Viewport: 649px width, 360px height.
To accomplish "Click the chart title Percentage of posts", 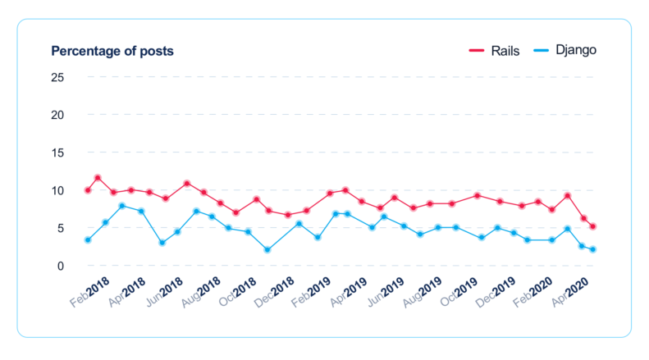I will point(112,51).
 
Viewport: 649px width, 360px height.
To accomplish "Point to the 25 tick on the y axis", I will point(58,77).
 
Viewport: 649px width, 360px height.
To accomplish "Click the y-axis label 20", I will point(58,115).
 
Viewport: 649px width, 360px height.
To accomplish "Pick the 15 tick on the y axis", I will point(58,153).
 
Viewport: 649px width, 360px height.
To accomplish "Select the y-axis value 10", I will point(58,190).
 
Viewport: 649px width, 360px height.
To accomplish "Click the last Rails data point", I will point(592,226).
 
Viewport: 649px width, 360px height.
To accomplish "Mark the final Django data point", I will point(592,249).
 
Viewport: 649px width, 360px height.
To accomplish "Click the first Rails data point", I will point(88,190).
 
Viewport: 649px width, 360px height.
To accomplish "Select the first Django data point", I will point(88,240).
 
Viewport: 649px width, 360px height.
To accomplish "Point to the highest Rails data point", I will point(98,178).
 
